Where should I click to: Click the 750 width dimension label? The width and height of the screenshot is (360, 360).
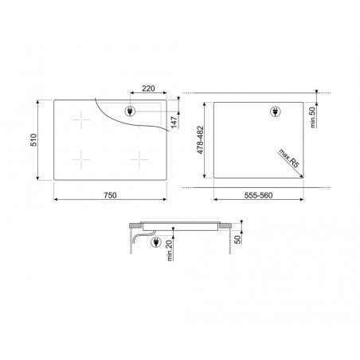coord(110,195)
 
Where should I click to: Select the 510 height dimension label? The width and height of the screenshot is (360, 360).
coord(33,140)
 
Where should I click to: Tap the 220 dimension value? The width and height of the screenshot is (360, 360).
coord(148,88)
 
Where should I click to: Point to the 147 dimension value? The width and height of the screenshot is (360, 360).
coord(174,122)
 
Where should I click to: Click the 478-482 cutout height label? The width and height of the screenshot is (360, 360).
coord(200,139)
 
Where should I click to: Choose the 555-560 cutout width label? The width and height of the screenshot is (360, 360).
coord(258,195)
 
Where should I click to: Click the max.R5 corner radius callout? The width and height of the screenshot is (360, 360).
coord(288,158)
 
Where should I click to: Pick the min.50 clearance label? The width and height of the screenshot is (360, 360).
coord(313,117)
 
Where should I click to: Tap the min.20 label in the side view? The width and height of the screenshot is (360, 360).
coord(170,249)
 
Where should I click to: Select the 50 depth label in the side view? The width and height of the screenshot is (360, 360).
coord(238,240)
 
